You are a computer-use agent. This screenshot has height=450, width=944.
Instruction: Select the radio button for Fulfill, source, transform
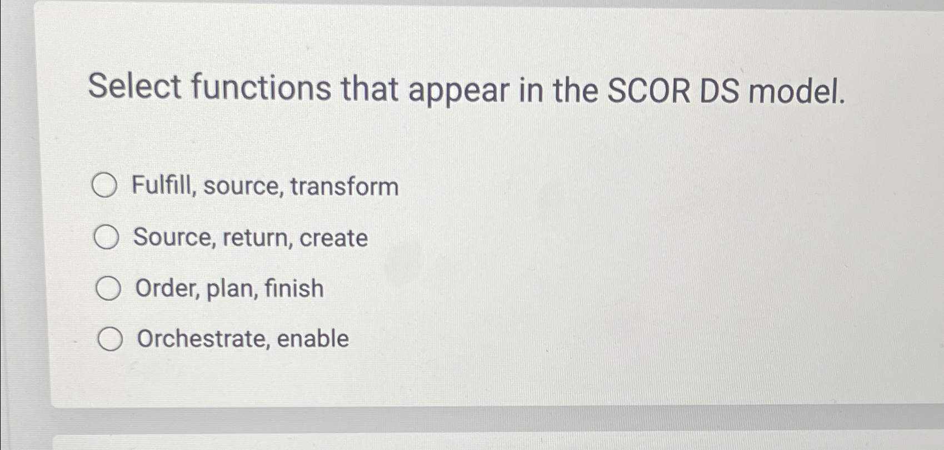(104, 186)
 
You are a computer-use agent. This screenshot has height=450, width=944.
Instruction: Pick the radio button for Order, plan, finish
(108, 288)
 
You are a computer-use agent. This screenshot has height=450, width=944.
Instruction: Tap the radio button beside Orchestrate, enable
(110, 339)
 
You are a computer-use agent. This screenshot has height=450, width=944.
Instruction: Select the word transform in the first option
(344, 186)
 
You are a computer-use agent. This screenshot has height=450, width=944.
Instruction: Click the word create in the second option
(333, 238)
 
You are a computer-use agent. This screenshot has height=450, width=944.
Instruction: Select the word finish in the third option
(294, 288)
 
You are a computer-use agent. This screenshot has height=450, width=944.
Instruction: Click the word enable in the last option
(313, 338)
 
